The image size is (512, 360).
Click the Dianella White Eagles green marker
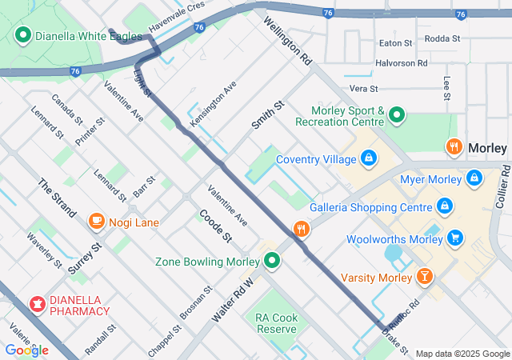click(22, 36)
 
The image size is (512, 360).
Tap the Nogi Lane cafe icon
click(97, 220)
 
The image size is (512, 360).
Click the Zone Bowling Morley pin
click(272, 261)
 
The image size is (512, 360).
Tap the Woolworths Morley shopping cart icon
click(455, 238)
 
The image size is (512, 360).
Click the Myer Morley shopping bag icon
click(474, 177)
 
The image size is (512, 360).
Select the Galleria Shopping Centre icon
click(445, 206)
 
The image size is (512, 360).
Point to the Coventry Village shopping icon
click(367, 158)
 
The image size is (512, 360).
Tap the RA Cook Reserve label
click(277, 323)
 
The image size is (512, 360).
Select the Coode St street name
click(216, 227)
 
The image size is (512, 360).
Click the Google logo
click(26, 350)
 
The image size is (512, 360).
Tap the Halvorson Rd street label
click(402, 63)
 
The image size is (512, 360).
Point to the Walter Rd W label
click(232, 300)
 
